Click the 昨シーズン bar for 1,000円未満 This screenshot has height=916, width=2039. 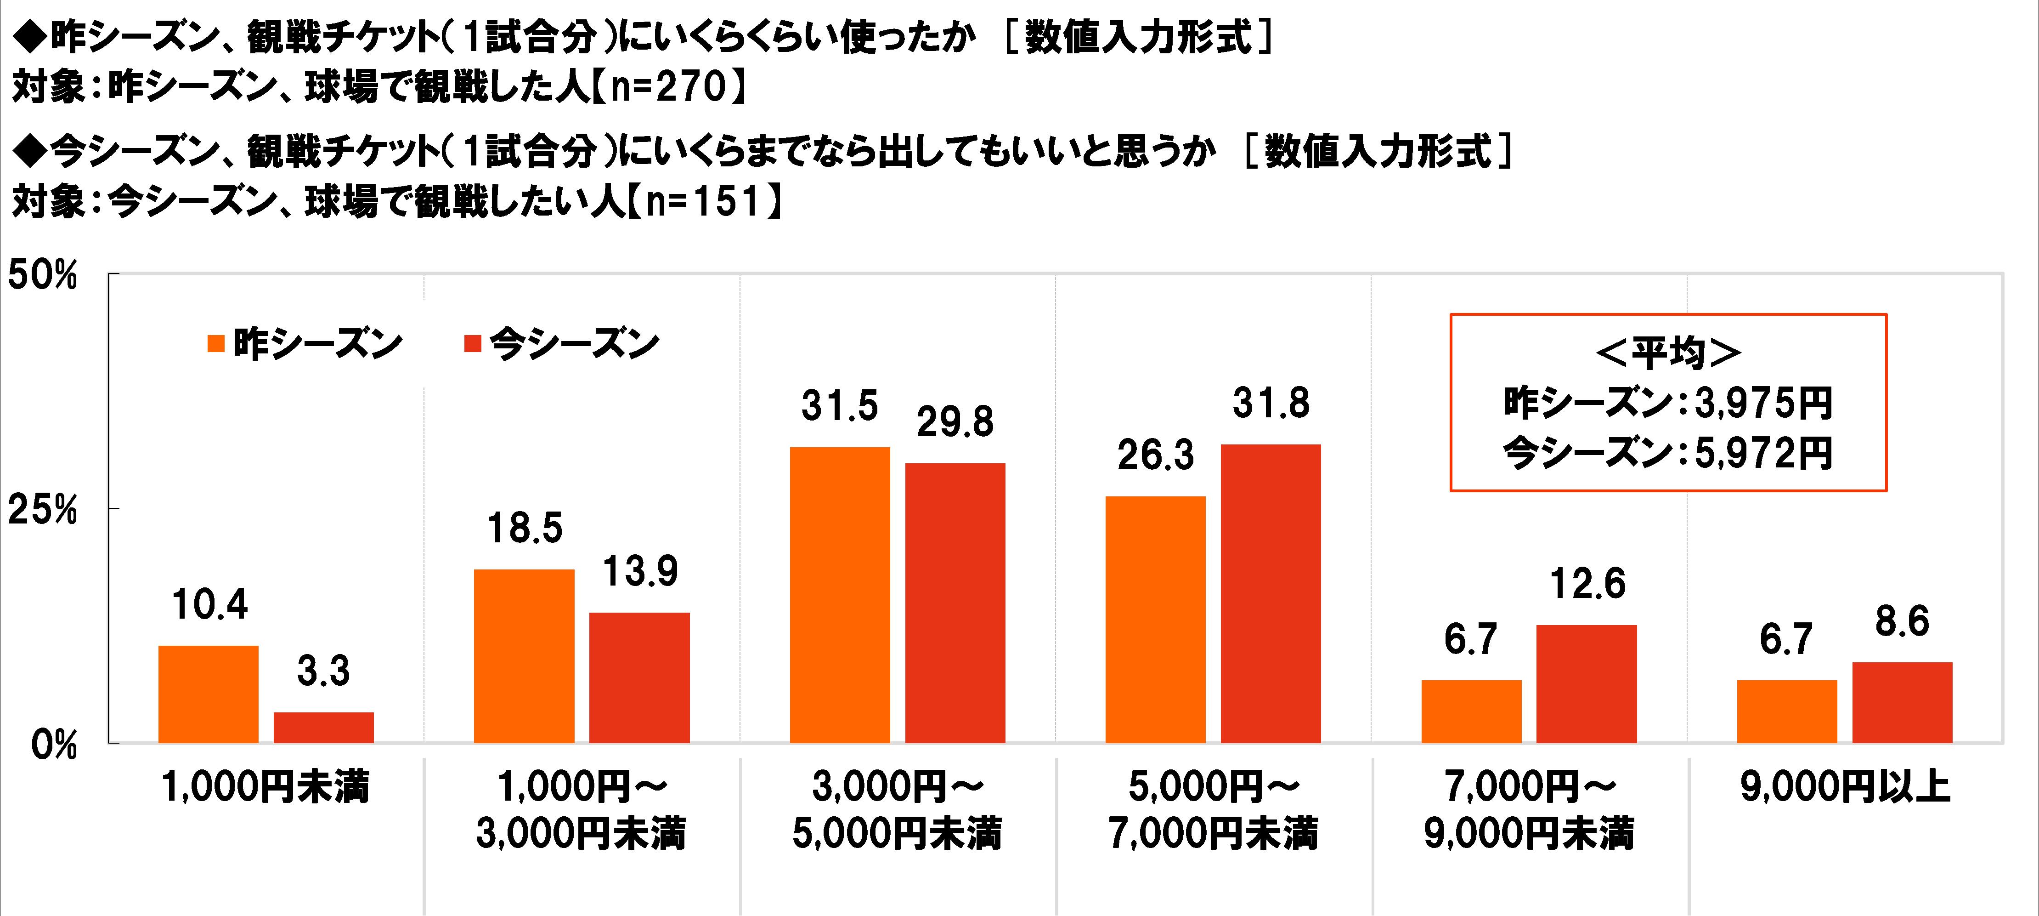pyautogui.click(x=208, y=694)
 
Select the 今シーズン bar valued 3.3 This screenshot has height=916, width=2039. pyautogui.click(x=324, y=728)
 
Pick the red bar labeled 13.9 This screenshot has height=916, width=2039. pyautogui.click(x=639, y=678)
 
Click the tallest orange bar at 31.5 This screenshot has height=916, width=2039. pyautogui.click(x=840, y=595)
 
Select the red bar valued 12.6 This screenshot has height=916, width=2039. pyautogui.click(x=1586, y=684)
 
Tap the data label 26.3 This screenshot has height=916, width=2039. pyautogui.click(x=1155, y=456)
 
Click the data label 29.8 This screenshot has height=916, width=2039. pyautogui.click(x=955, y=423)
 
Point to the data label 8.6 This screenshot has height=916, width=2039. pyautogui.click(x=1901, y=622)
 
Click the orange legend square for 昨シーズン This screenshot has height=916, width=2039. pyautogui.click(x=216, y=344)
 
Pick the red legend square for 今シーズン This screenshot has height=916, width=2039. pyautogui.click(x=473, y=344)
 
